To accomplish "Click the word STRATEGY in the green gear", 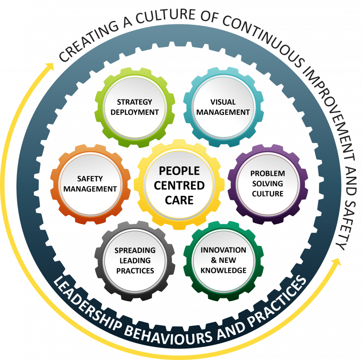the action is pyautogui.click(x=134, y=102).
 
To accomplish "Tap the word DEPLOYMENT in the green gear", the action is pyautogui.click(x=134, y=112).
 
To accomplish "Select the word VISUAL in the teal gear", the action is pyautogui.click(x=223, y=102).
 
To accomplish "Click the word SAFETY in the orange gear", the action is pyautogui.click(x=90, y=179).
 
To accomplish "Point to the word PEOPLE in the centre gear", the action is pyautogui.click(x=179, y=171).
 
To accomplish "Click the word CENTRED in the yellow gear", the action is pyautogui.click(x=179, y=185).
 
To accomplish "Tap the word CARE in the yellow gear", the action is pyautogui.click(x=179, y=200).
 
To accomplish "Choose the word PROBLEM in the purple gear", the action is pyautogui.click(x=267, y=173).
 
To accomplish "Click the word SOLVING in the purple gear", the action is pyautogui.click(x=267, y=184).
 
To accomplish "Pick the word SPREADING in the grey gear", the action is pyautogui.click(x=135, y=251).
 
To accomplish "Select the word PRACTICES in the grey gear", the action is pyautogui.click(x=135, y=271).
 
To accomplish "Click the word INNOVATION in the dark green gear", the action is pyautogui.click(x=223, y=250).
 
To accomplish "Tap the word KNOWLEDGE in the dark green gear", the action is pyautogui.click(x=223, y=270).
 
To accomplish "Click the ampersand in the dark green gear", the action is pyautogui.click(x=214, y=260).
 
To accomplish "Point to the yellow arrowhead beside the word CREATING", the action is pyautogui.click(x=49, y=66).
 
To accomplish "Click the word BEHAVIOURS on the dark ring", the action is pyautogui.click(x=168, y=333).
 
